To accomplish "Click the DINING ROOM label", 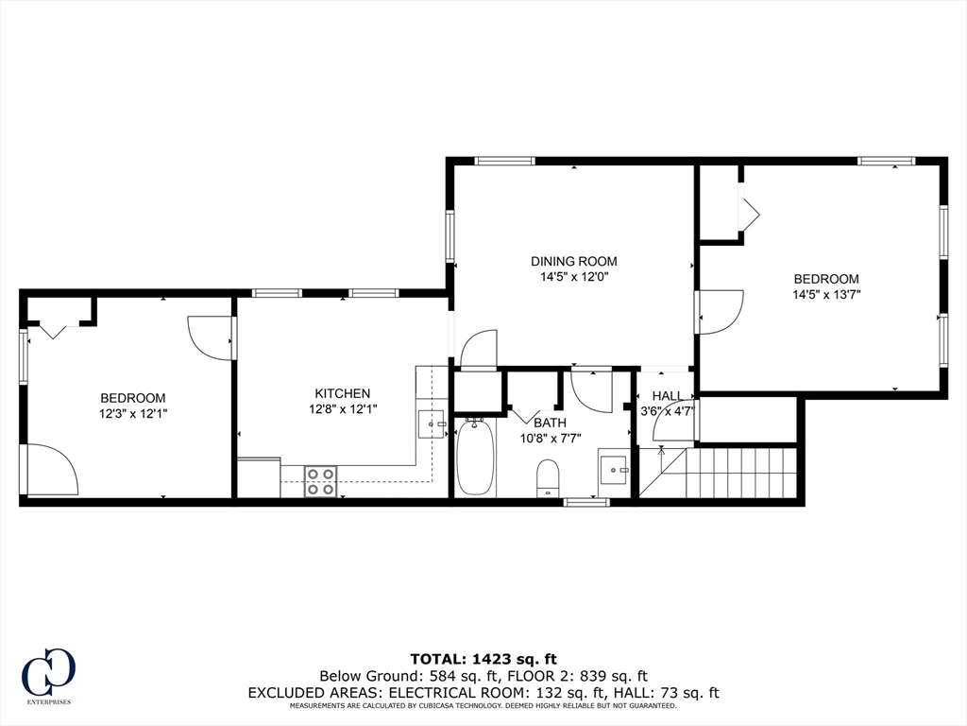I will [573, 261].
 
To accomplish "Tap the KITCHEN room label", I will [342, 393].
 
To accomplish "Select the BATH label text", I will [550, 423].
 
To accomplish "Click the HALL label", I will [667, 396].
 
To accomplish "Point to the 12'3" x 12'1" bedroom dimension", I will [133, 413].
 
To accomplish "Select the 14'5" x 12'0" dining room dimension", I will [573, 277].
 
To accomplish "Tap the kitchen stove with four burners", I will [321, 481].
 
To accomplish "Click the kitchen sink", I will [432, 424].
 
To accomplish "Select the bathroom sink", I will [615, 468].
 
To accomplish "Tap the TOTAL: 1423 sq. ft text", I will [483, 658].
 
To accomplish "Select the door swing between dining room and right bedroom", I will [720, 312].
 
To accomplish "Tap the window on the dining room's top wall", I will [504, 161].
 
